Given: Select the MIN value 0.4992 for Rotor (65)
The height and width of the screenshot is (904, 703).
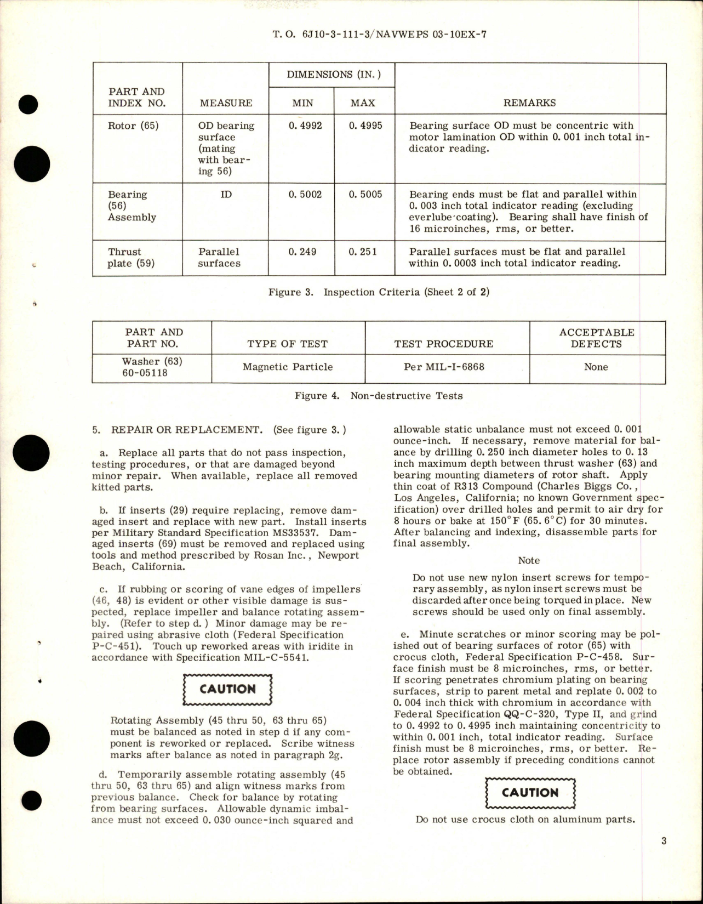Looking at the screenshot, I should coord(305,126).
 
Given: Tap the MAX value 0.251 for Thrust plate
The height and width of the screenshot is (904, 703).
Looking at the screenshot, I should coord(363,252).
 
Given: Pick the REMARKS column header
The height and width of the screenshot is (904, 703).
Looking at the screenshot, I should coord(529,103).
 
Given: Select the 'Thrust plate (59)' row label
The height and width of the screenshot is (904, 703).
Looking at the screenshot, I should coord(124,258).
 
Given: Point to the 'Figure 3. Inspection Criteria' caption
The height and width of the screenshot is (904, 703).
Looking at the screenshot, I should coord(379,292).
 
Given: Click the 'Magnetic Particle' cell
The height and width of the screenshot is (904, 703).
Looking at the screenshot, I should coord(288,367).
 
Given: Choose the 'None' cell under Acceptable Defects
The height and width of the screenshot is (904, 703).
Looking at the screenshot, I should coord(596,367).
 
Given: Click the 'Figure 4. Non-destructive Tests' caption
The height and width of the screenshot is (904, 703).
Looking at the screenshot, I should coord(379,396).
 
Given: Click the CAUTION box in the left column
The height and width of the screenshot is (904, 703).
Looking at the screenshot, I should coord(227,690).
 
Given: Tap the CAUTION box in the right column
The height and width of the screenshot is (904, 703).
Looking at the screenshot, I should coord(530,793).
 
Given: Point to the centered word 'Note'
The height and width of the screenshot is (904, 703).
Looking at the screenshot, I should coord(529,560).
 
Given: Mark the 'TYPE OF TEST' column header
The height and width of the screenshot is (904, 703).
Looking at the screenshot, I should coord(288,344).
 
